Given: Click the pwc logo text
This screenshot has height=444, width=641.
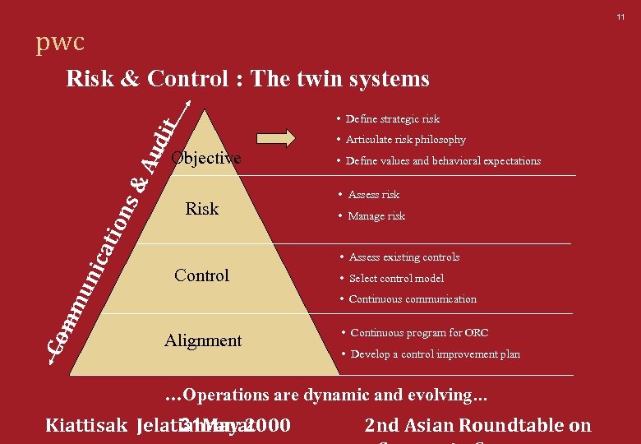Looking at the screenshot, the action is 59,43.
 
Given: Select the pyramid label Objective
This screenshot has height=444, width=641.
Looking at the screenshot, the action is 205,158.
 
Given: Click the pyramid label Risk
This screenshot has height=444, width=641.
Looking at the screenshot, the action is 201,209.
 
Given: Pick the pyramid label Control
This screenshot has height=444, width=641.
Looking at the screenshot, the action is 201,275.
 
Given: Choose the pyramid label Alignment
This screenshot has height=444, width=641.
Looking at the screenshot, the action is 203,340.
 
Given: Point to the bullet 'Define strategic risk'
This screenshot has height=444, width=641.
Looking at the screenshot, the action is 392,119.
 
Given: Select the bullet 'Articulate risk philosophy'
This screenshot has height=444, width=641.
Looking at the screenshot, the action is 405,140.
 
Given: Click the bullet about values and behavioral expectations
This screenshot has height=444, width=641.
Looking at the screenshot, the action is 443,161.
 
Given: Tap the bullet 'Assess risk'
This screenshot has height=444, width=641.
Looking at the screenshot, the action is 373,195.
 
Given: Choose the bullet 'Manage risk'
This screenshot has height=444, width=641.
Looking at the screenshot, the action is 376,216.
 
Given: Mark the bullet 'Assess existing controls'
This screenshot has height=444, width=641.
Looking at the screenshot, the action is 404,257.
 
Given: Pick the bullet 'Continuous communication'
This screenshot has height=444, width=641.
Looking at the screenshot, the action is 412,299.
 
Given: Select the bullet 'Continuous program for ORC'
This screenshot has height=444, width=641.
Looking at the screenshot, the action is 418,333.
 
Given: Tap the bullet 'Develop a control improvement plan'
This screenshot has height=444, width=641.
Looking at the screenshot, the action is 435,354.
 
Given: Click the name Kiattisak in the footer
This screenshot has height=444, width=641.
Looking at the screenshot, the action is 85,426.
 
